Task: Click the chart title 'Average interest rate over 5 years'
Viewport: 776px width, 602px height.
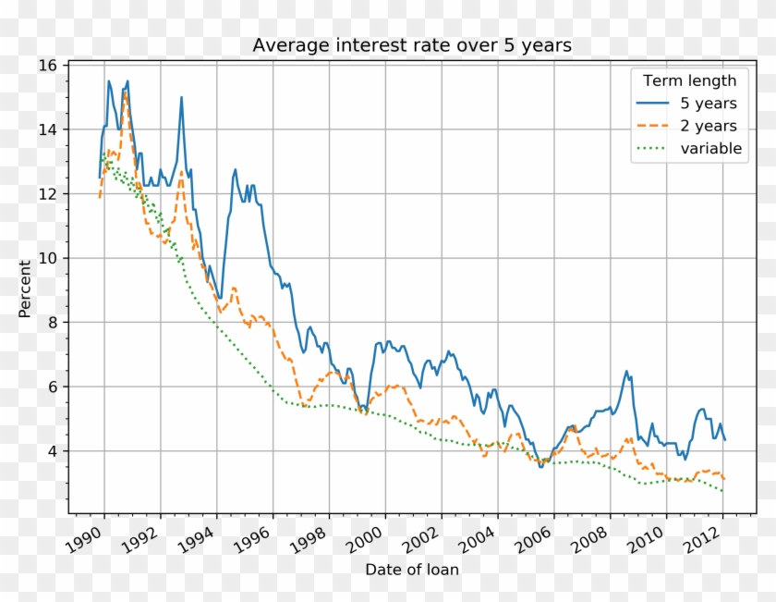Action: [412, 45]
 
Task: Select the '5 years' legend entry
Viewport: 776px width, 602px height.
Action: [709, 103]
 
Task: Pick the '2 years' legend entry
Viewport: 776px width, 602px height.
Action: [709, 126]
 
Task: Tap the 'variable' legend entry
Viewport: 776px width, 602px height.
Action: [711, 149]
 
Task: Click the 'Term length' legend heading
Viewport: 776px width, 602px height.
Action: [689, 80]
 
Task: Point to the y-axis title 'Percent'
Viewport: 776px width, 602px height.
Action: [25, 289]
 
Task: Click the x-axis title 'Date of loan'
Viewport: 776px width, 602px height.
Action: [412, 570]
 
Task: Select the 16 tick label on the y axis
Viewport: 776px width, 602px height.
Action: [48, 66]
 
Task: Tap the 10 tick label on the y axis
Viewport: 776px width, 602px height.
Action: [48, 258]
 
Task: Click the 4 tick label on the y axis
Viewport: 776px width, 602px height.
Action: [53, 451]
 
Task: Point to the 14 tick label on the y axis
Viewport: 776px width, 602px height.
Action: [48, 129]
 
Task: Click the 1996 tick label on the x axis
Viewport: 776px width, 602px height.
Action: [261, 540]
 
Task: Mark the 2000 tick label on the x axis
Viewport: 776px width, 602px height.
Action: [372, 540]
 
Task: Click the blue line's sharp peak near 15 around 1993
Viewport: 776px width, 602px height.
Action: [181, 97]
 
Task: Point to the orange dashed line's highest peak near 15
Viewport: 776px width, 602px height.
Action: [125, 92]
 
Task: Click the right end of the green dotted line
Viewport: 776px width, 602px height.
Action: [723, 491]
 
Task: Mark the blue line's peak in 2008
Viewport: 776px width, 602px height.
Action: [627, 372]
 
